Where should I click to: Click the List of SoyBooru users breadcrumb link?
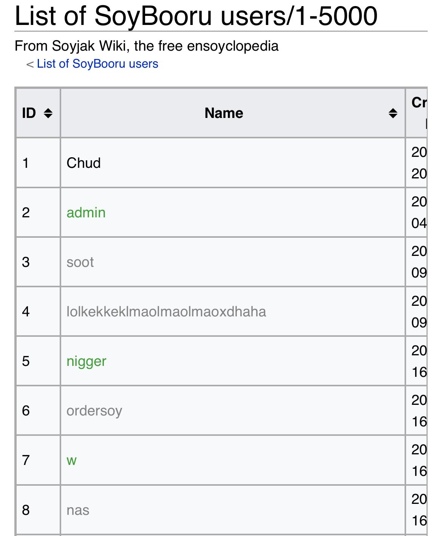point(97,64)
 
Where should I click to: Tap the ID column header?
point(29,113)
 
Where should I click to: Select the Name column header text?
point(224,113)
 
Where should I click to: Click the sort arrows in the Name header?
point(393,113)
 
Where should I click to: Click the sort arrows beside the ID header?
point(48,113)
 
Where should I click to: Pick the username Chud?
point(83,163)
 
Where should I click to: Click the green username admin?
point(86,212)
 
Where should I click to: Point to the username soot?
point(80,262)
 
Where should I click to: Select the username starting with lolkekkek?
point(166,311)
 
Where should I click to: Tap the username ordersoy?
point(94,411)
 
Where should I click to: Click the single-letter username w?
point(71,460)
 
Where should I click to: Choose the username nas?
point(78,510)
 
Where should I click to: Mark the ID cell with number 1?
point(26,163)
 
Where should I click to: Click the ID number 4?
point(26,311)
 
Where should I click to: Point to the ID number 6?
point(26,411)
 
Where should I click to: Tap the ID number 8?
point(26,510)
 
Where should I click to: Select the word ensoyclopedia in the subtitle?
point(232,46)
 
